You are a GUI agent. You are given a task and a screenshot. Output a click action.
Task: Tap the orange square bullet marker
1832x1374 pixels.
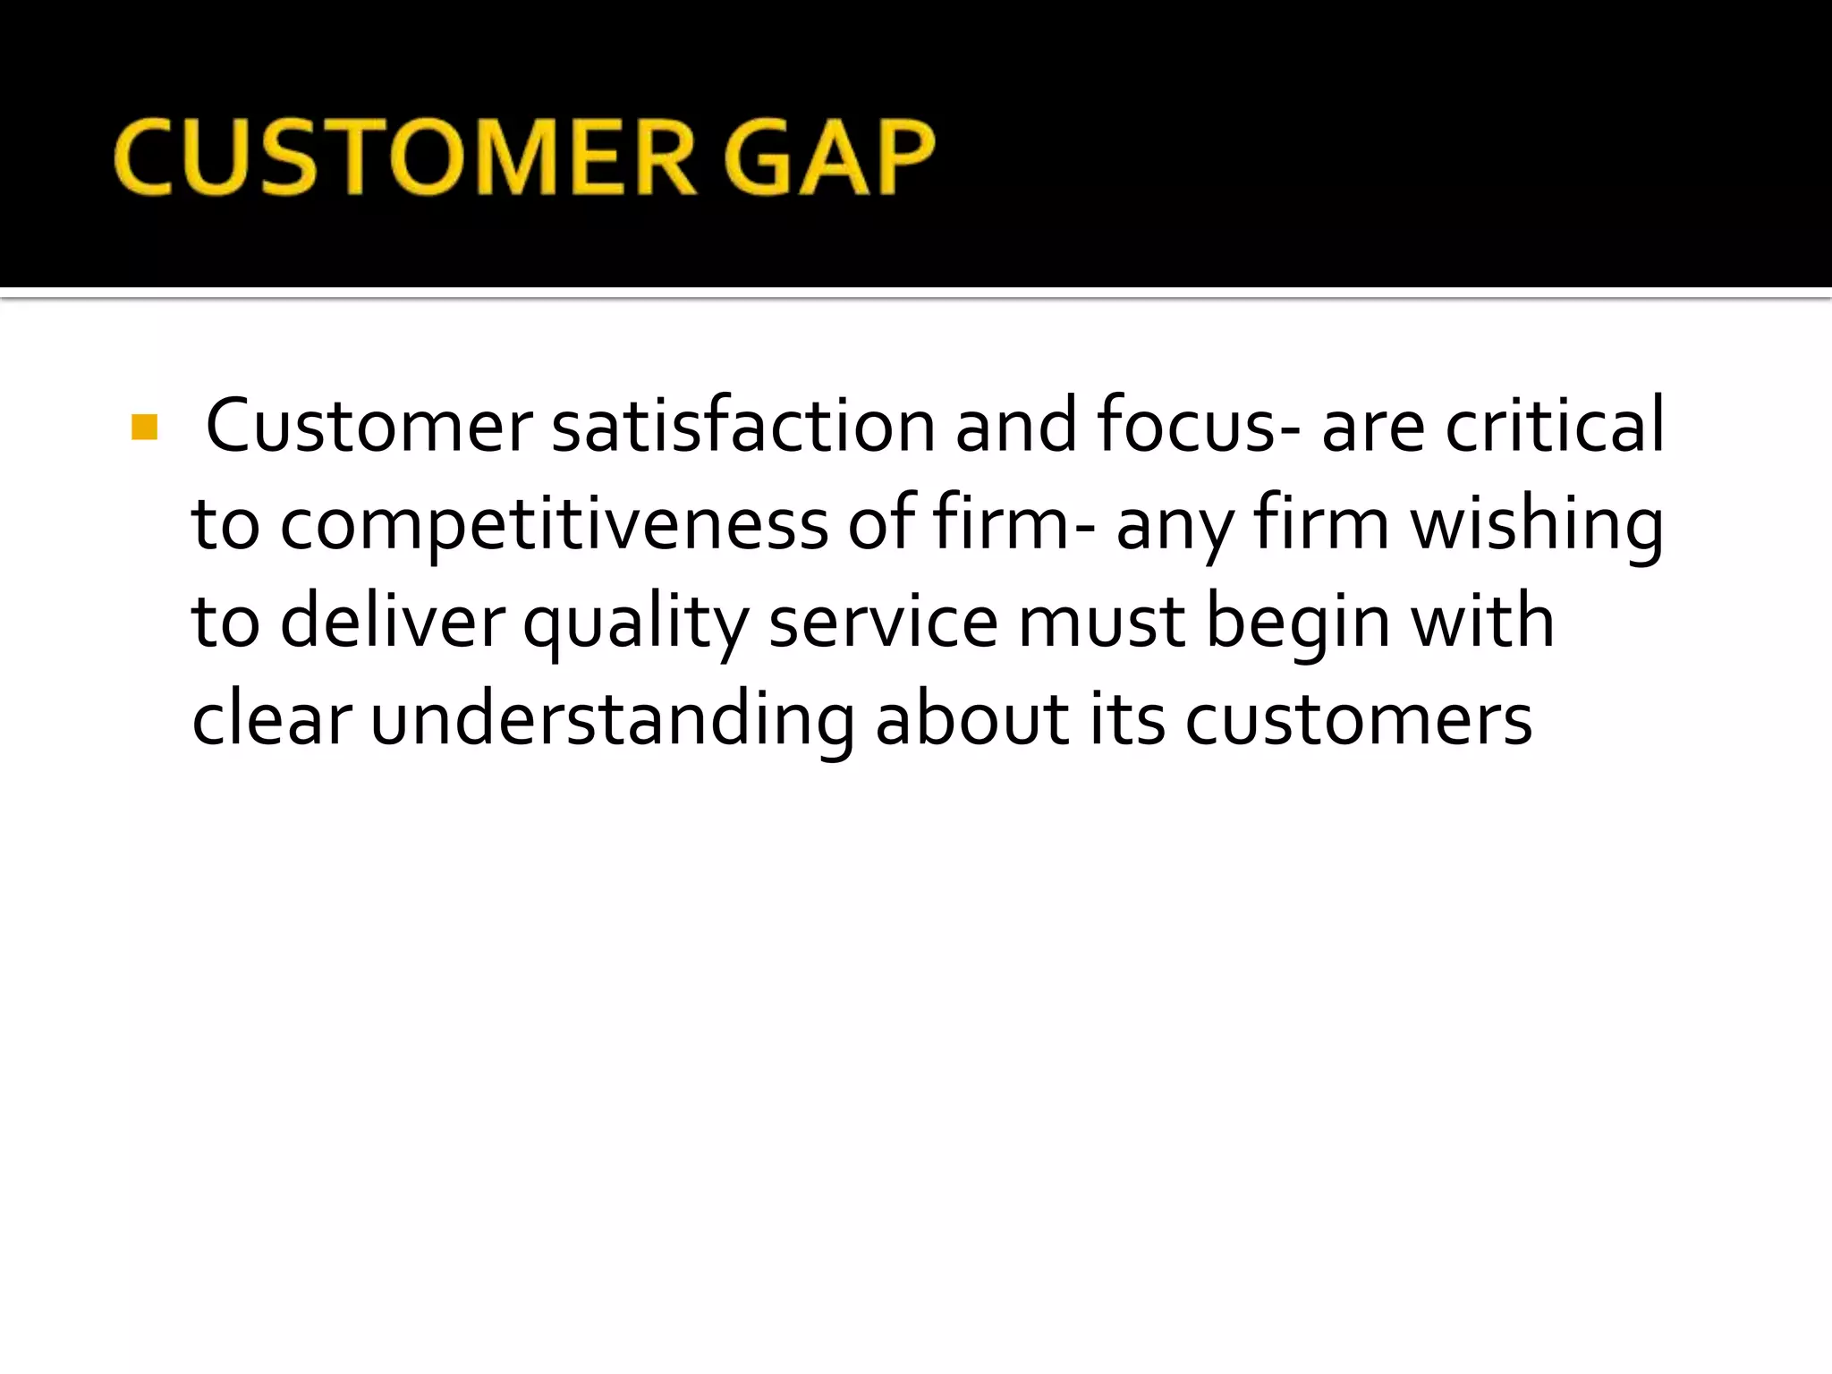(x=144, y=428)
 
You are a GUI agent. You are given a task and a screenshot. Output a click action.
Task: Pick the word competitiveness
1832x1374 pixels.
(x=554, y=526)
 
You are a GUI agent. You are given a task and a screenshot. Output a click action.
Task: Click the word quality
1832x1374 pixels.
(x=635, y=624)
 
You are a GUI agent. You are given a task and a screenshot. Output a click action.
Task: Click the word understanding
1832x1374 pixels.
(x=612, y=721)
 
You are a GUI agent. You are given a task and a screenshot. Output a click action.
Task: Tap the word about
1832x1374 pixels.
(x=971, y=721)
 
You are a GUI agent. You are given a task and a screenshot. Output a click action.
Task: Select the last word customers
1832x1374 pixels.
(x=1358, y=721)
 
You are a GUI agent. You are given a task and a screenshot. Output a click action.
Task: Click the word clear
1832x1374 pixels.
(x=271, y=721)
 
